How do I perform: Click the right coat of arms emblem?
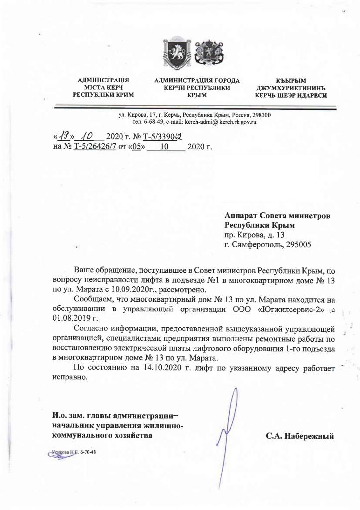(203, 52)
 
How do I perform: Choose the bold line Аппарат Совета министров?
(277, 216)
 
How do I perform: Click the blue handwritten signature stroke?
(223, 428)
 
